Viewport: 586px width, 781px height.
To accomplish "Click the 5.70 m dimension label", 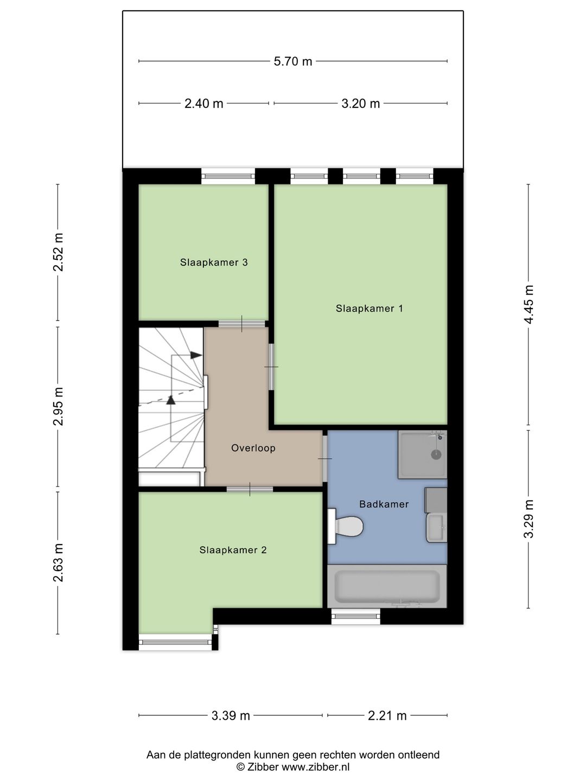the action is [x=292, y=61].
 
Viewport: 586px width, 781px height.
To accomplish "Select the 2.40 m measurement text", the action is [x=203, y=104].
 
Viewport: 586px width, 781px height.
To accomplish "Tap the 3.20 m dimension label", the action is [x=360, y=104].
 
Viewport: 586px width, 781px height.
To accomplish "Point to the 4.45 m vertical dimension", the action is [x=528, y=304].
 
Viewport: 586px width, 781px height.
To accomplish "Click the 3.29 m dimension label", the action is [x=528, y=519].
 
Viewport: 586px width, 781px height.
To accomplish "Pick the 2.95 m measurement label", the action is [x=58, y=406].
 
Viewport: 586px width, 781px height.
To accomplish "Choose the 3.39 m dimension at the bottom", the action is [x=231, y=715].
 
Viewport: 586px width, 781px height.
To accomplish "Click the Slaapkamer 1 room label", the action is [x=370, y=309].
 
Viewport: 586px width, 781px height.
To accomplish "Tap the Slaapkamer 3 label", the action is [x=213, y=263].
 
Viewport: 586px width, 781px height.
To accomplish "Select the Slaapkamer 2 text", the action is [x=233, y=550].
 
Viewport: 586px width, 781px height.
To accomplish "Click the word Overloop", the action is [x=253, y=448].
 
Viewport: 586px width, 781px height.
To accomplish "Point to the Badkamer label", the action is [x=384, y=504].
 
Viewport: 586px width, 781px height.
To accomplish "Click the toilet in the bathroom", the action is [x=345, y=526].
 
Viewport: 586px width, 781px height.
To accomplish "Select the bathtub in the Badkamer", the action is [x=387, y=587].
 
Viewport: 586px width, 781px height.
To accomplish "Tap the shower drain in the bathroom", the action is [x=436, y=454].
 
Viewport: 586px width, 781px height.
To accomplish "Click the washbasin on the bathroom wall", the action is [x=437, y=528].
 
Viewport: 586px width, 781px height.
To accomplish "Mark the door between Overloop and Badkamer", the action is [x=325, y=459].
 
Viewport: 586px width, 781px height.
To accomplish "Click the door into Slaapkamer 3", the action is [x=241, y=324].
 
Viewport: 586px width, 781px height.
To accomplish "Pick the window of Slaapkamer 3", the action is [x=228, y=176].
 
